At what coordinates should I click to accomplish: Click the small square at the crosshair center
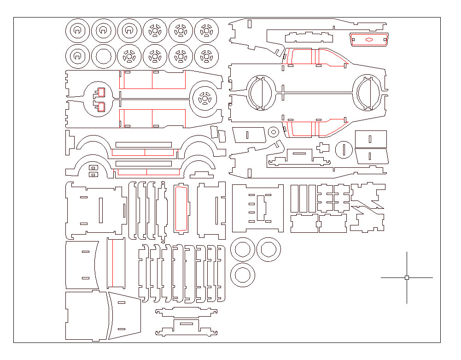[x=407, y=277]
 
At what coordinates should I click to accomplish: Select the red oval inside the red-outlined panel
[x=369, y=40]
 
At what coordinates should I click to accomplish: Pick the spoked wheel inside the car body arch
[x=203, y=98]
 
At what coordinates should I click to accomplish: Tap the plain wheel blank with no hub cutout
[x=103, y=57]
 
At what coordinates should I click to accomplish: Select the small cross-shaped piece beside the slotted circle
[x=323, y=148]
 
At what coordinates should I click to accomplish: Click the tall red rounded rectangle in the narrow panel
[x=181, y=208]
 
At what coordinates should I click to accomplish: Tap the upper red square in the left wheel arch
[x=101, y=92]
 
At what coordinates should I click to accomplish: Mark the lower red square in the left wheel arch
[x=101, y=107]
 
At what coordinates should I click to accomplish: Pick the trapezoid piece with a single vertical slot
[x=249, y=135]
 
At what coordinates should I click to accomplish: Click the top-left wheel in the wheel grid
[x=77, y=31]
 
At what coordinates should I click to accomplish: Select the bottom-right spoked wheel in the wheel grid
[x=206, y=57]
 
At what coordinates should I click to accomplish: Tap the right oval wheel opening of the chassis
[x=368, y=93]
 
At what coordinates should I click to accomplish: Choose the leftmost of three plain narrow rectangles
[x=294, y=199]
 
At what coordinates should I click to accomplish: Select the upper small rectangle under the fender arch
[x=93, y=168]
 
